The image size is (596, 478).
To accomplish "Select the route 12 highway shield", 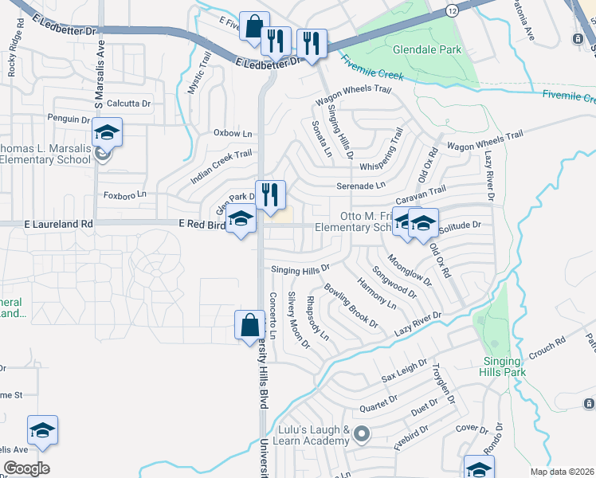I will click(453, 10).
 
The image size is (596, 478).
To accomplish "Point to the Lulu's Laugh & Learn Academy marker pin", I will click(362, 434).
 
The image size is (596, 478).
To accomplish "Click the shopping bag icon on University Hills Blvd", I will click(249, 325).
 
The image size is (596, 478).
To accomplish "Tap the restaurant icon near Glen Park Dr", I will click(270, 194).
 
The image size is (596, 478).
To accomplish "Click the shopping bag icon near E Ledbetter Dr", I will click(253, 26).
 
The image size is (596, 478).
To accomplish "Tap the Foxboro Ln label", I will click(125, 194).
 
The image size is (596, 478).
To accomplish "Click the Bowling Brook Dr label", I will click(351, 308).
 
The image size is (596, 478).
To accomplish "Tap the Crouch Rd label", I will click(546, 349).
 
